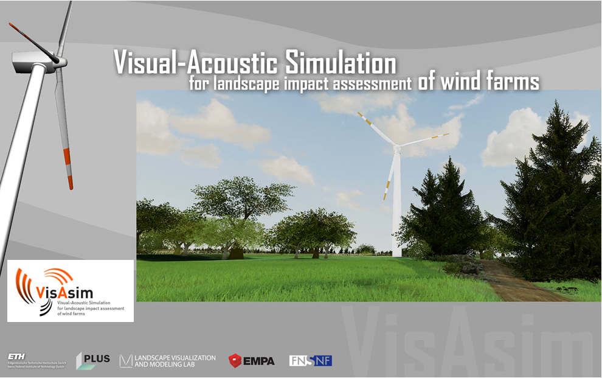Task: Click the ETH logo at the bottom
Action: (18, 356)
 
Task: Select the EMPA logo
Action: (252, 360)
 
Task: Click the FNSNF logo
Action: (310, 360)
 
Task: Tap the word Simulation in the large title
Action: (340, 63)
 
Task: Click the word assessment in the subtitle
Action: (371, 84)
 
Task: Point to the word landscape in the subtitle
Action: (246, 84)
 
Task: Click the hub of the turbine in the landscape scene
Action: (396, 147)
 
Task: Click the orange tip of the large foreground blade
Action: (70, 181)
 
